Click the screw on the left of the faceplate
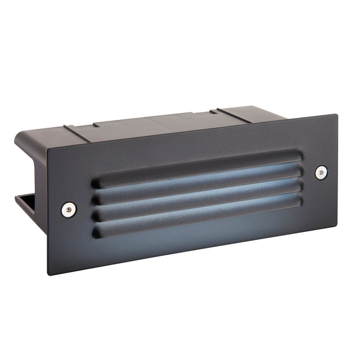coord(69,209)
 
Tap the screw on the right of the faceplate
coord(321,172)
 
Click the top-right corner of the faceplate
coord(337,114)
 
